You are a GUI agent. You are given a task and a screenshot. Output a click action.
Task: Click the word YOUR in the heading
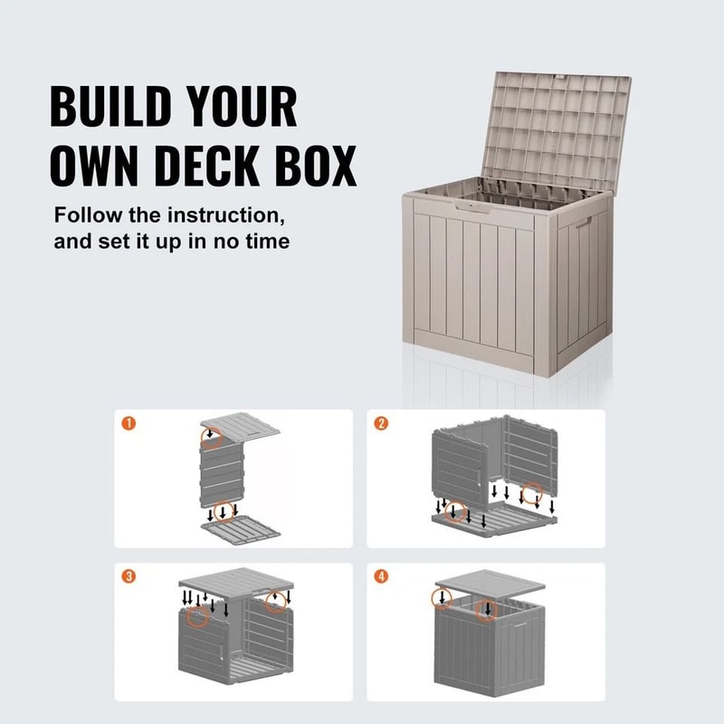pos(241,108)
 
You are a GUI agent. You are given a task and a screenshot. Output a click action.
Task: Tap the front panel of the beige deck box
pos(471,290)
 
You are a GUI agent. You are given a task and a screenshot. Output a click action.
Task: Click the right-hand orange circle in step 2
pos(533,494)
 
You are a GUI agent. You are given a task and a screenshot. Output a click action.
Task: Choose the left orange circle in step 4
pos(442,597)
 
